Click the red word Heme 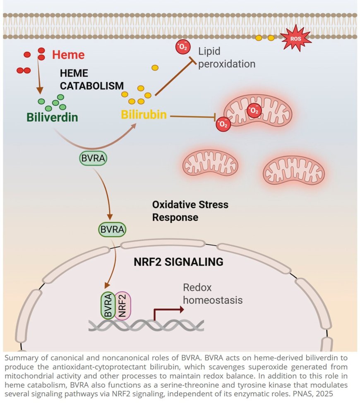68,55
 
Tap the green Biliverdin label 52,117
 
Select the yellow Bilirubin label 144,114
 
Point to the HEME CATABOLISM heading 91,80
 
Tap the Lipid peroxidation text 226,58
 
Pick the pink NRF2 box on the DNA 122,305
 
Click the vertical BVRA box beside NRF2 108,305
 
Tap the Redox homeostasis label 212,294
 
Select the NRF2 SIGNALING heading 178,262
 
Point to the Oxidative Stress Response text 190,211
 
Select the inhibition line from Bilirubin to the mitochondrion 192,117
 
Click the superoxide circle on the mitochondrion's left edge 223,124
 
